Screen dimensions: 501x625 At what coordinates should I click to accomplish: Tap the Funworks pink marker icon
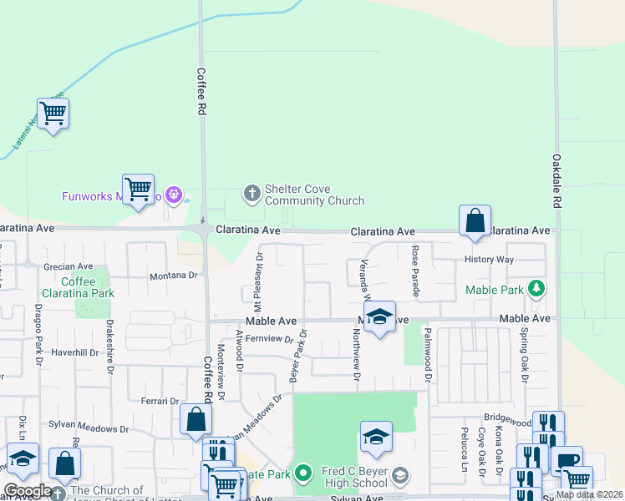174,196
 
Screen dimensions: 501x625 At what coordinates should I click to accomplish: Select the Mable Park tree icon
536,290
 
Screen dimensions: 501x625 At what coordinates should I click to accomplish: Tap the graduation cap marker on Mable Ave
379,317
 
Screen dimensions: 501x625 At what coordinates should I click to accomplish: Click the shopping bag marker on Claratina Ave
475,221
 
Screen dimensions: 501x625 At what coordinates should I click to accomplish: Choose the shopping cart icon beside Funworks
138,188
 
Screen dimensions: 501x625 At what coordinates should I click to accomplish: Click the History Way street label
490,260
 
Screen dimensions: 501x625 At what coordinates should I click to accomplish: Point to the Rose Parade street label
414,271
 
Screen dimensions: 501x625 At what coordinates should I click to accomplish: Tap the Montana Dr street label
174,276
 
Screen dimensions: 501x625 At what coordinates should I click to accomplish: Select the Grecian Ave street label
68,267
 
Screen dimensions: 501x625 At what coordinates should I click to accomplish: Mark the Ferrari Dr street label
160,401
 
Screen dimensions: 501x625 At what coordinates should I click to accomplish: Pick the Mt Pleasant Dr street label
259,277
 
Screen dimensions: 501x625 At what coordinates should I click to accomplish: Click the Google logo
27,491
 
